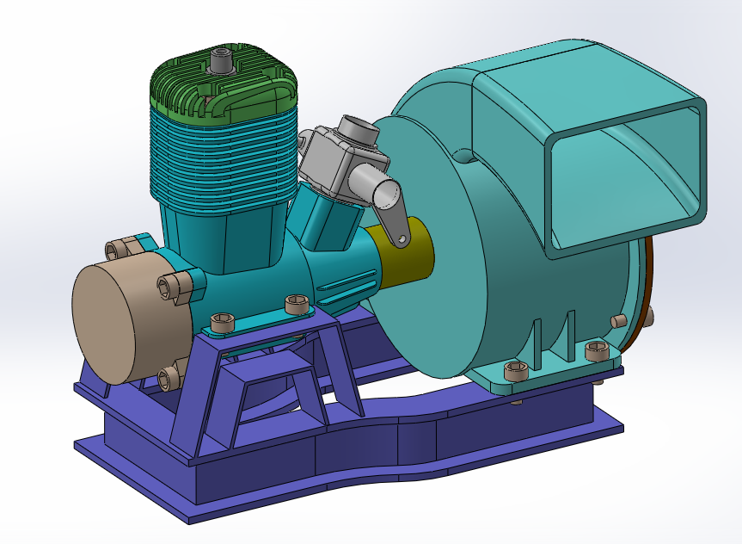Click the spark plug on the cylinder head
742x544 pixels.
[x=221, y=62]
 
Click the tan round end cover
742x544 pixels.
[x=107, y=323]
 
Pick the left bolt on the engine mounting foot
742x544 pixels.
[x=223, y=323]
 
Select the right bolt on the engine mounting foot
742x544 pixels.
[x=297, y=304]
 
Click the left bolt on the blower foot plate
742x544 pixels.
[x=516, y=371]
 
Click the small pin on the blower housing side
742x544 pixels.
[x=616, y=320]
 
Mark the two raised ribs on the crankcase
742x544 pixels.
[x=348, y=284]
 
